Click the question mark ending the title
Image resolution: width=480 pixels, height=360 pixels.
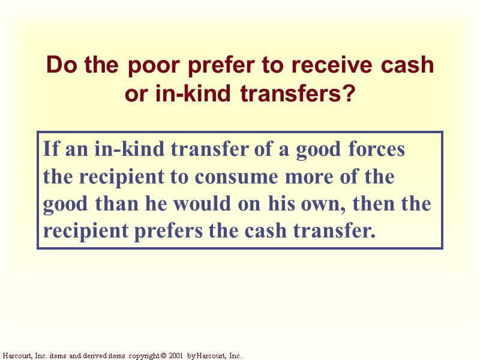click(349, 94)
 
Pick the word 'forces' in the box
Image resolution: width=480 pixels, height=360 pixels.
click(377, 149)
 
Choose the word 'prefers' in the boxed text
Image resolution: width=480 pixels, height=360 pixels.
click(169, 232)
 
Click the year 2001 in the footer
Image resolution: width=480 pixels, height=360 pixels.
click(175, 356)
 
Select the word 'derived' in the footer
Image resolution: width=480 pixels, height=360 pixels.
click(92, 356)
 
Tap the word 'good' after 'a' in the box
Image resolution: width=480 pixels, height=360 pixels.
click(317, 149)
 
